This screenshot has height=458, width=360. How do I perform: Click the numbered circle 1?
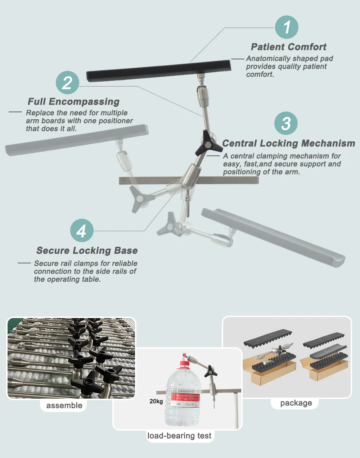pyautogui.click(x=287, y=27)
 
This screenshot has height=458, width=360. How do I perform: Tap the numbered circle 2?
pyautogui.click(x=67, y=83)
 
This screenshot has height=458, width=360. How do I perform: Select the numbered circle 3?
pyautogui.click(x=286, y=123)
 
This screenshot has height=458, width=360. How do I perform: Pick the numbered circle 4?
pyautogui.click(x=82, y=231)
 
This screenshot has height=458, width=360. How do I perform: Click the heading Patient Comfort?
pyautogui.click(x=288, y=47)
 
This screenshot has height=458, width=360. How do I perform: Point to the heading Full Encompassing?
pyautogui.click(x=73, y=102)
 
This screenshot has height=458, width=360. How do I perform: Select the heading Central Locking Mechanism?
pyautogui.click(x=288, y=143)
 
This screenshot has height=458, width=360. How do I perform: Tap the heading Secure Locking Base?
pyautogui.click(x=87, y=250)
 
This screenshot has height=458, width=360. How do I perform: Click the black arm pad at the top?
pyautogui.click(x=158, y=70)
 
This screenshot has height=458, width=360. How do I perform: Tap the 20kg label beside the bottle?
pyautogui.click(x=156, y=401)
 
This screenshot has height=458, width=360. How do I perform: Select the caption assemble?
pyautogui.click(x=64, y=405)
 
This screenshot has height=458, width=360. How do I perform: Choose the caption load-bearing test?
pyautogui.click(x=179, y=436)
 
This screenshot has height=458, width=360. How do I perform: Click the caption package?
pyautogui.click(x=296, y=403)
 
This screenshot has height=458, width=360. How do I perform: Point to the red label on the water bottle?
pyautogui.click(x=185, y=400)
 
